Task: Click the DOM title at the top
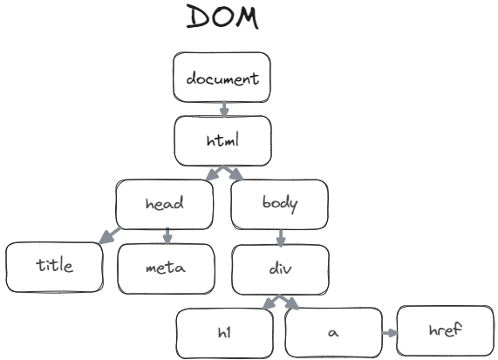tap(222, 17)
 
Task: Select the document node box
tap(222, 78)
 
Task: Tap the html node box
tap(222, 140)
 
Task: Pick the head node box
tap(165, 204)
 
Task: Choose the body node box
tap(280, 204)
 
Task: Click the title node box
tap(53, 265)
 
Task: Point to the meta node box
tap(165, 268)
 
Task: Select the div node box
tap(280, 268)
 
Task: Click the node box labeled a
tap(331, 333)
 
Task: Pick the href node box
tap(445, 330)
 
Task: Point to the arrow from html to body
tap(233, 173)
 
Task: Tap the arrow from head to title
tap(110, 235)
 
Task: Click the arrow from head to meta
tap(167, 235)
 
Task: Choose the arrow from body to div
tap(280, 236)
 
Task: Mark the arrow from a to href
tap(389, 332)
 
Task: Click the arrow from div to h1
tap(271, 302)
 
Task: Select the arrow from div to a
tap(290, 302)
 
